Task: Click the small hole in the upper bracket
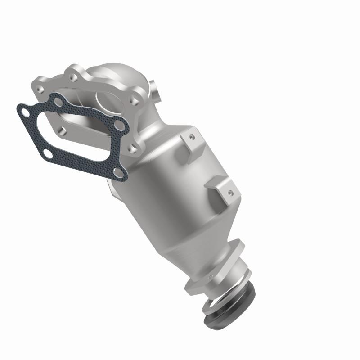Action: click(192, 135)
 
